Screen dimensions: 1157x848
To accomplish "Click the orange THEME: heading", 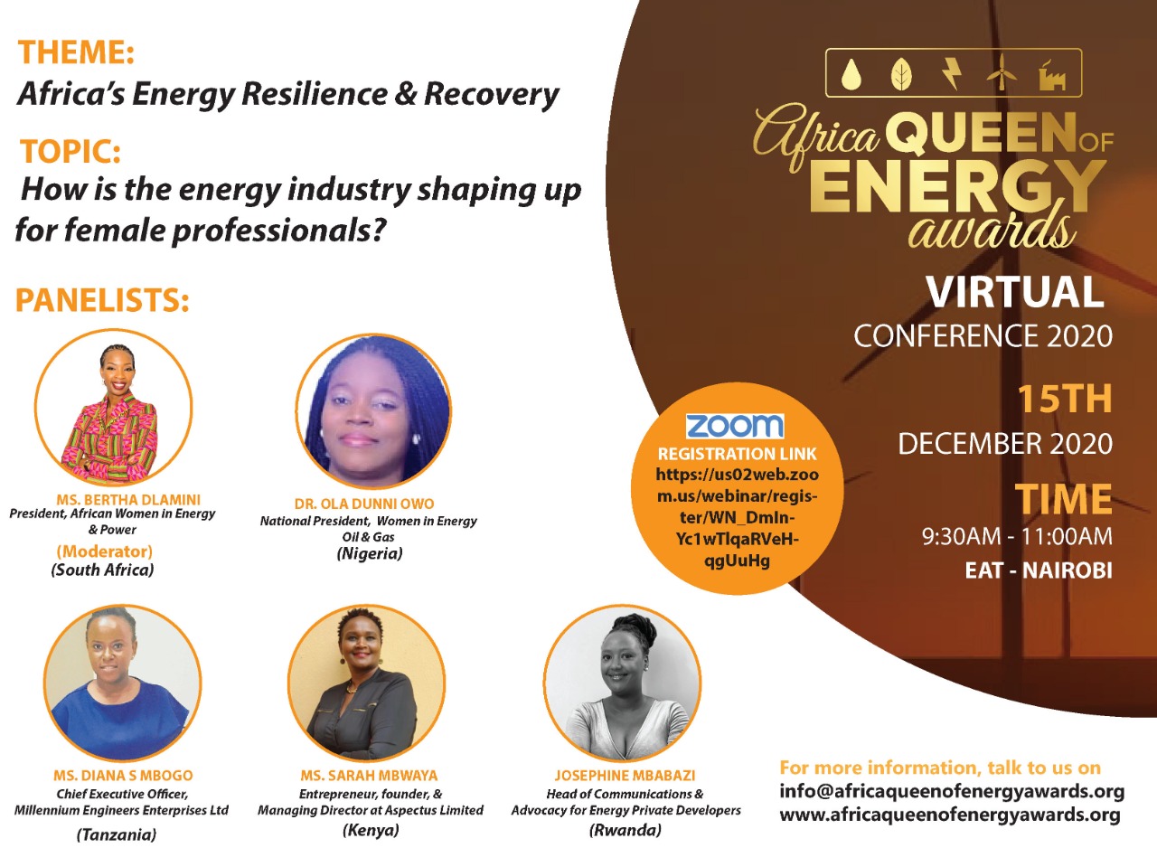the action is [x=77, y=52].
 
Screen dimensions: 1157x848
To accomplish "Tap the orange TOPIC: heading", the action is [x=71, y=151].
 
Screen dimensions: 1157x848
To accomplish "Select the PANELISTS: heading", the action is [x=102, y=300].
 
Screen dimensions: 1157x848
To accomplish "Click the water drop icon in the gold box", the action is [x=849, y=74].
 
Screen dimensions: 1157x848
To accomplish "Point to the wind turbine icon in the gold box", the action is [x=1002, y=73].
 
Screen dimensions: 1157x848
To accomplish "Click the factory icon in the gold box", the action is [x=1052, y=76].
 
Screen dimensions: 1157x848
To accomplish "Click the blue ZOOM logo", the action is [x=735, y=426].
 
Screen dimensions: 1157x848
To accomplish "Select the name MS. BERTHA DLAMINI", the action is [x=128, y=499].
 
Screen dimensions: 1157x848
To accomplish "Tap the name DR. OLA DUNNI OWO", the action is [x=364, y=504].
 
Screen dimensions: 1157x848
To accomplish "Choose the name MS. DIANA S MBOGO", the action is [x=123, y=775].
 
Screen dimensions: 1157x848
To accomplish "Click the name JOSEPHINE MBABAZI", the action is [x=625, y=775].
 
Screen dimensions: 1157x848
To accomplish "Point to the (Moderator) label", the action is [x=104, y=551].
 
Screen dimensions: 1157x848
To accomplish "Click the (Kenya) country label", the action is [x=371, y=830].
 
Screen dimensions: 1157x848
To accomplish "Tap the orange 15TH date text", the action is [x=1065, y=399].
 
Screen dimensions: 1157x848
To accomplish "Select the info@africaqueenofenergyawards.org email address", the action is [x=952, y=791].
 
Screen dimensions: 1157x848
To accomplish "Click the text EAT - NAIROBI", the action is [x=1039, y=570].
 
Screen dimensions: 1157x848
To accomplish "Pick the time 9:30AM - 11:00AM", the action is [x=1017, y=536].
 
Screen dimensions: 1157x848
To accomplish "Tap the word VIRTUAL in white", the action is [x=1014, y=292].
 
